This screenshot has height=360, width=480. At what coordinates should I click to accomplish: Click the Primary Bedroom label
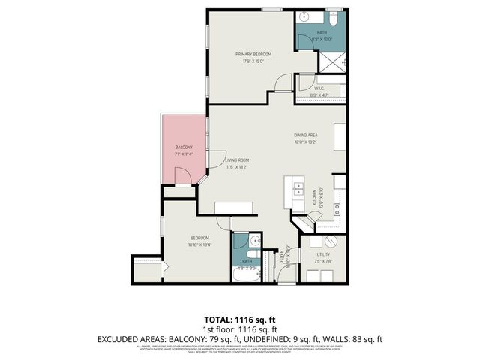253,54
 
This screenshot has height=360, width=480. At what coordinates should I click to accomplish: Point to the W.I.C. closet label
319,87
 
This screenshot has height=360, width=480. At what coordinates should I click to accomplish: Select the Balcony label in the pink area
184,147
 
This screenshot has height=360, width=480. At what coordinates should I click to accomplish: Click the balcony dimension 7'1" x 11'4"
184,154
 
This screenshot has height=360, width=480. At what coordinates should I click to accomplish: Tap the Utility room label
322,255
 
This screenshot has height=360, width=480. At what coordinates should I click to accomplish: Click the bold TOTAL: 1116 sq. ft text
240,320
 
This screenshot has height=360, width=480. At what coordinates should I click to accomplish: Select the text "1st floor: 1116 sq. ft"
240,329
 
